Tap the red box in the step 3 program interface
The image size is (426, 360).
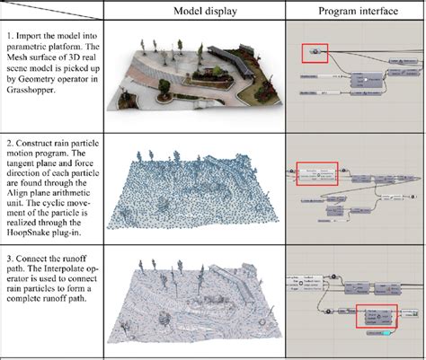(377, 317)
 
